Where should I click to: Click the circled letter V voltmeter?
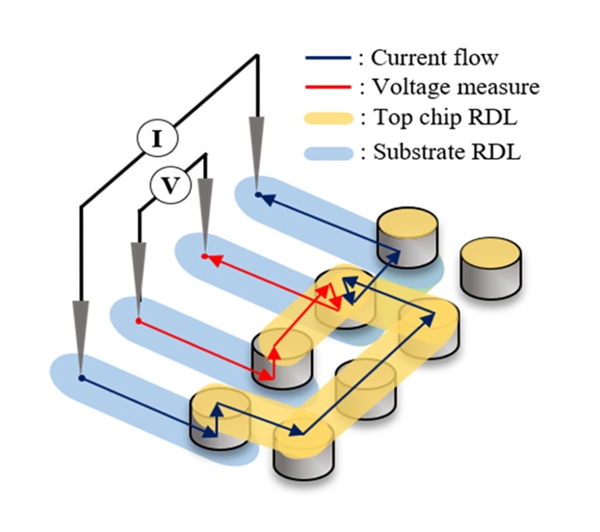click(170, 185)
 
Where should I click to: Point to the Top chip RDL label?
click(439, 120)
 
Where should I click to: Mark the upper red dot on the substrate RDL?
click(204, 256)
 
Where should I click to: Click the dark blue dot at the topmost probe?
click(258, 195)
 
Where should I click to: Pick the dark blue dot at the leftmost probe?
click(82, 378)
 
